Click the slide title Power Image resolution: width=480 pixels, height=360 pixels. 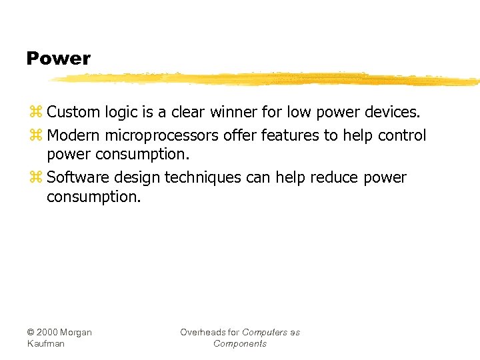tap(58, 59)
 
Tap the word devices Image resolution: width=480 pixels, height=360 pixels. tap(392, 112)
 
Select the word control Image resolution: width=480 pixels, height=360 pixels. tap(402, 136)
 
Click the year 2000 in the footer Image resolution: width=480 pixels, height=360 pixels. tap(47, 332)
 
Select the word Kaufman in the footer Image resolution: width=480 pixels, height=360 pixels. tap(45, 343)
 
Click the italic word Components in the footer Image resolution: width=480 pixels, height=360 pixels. tap(240, 343)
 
